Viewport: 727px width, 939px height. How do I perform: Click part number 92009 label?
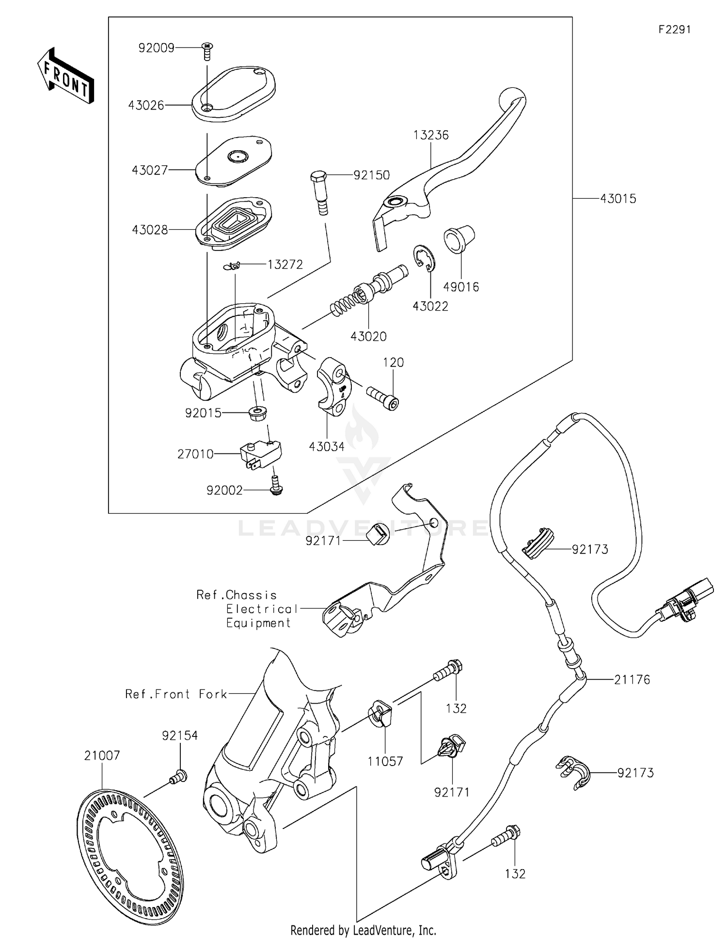tap(156, 48)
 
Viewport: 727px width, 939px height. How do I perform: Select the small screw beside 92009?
tap(207, 50)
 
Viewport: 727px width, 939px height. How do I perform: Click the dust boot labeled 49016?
tap(458, 238)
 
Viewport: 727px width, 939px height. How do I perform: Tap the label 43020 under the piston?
tap(368, 336)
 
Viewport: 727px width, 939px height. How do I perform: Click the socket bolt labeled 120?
tap(383, 397)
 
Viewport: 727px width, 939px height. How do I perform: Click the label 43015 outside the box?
tap(618, 199)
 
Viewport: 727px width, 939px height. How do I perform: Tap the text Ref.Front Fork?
tap(176, 694)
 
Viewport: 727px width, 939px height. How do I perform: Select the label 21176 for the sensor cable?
tap(632, 680)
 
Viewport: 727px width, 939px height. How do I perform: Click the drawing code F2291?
tap(674, 30)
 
